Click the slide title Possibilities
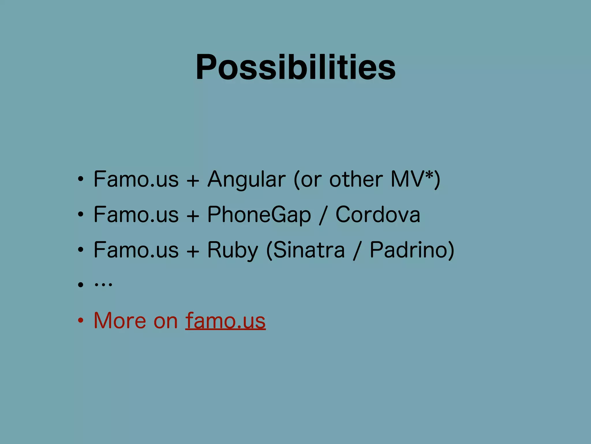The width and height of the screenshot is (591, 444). click(x=295, y=67)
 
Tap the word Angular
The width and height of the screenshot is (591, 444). click(x=246, y=180)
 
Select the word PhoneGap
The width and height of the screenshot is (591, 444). click(x=259, y=215)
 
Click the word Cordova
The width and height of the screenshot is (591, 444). click(x=378, y=215)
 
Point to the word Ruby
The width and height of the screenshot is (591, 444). click(x=233, y=250)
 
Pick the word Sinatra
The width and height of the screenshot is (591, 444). click(x=309, y=250)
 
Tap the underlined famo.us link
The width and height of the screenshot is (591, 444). click(x=225, y=321)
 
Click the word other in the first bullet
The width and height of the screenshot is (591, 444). click(x=356, y=180)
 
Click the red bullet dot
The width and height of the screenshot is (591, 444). click(x=81, y=321)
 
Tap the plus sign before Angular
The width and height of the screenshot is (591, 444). click(x=193, y=181)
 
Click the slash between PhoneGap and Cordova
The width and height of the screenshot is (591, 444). click(x=323, y=216)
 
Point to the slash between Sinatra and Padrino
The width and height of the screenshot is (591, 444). click(x=357, y=251)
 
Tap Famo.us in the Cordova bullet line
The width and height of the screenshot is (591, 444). click(x=136, y=215)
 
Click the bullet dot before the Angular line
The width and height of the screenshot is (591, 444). click(x=81, y=179)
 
